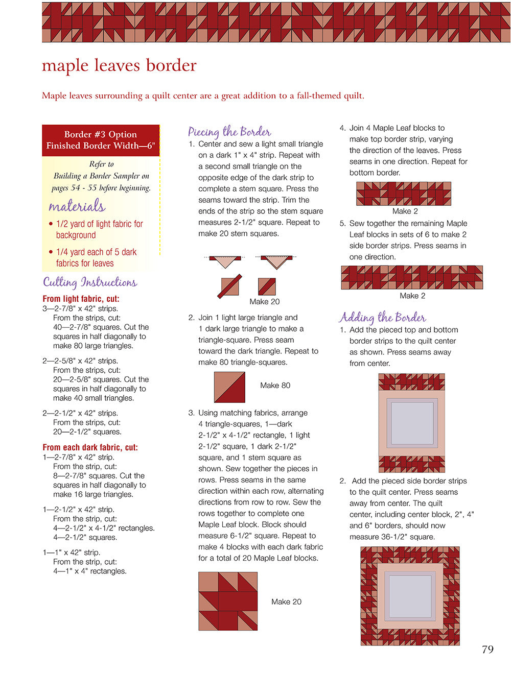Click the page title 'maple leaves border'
(119, 65)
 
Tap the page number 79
(487, 650)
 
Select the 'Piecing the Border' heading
(229, 132)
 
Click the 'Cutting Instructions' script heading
(90, 282)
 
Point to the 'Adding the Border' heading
(382, 317)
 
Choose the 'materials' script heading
(77, 206)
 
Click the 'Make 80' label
(275, 386)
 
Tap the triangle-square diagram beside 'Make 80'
(229, 387)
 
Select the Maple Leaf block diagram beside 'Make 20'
(228, 601)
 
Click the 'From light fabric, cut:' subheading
(81, 299)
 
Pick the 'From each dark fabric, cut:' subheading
(90, 447)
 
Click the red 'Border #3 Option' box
(101, 140)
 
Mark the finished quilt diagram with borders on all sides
(410, 596)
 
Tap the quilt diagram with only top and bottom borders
(411, 423)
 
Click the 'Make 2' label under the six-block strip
(412, 296)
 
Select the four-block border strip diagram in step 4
(404, 194)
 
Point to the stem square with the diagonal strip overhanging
(229, 286)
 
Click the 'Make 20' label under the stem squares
(264, 302)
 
